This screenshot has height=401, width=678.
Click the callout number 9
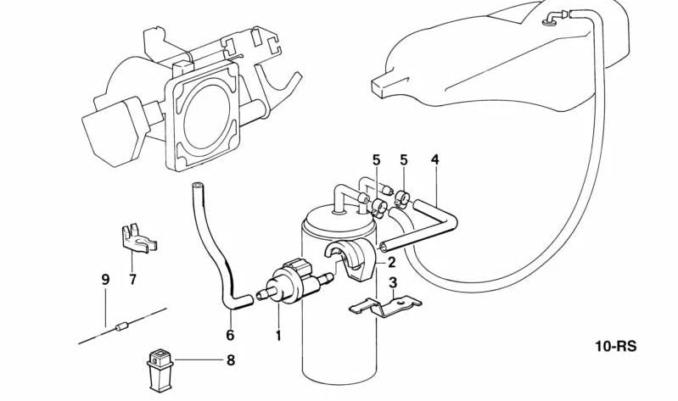point(105,280)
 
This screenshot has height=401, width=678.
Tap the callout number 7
point(132,279)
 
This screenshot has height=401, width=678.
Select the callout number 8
point(231,360)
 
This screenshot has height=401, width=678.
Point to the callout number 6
point(230,335)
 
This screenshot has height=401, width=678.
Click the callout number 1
point(278,335)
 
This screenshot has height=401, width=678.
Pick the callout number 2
point(391,262)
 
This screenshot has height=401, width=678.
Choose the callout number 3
point(393,283)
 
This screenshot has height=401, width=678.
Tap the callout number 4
point(435,160)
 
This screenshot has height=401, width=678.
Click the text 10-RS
point(616,346)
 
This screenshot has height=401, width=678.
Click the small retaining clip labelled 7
point(137,240)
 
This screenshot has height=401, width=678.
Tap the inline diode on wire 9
point(121,326)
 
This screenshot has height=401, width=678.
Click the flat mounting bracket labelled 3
point(385,306)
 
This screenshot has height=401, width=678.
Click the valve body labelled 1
point(292,281)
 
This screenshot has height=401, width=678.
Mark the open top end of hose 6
point(197,187)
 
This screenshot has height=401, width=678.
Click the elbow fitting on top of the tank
point(556,18)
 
